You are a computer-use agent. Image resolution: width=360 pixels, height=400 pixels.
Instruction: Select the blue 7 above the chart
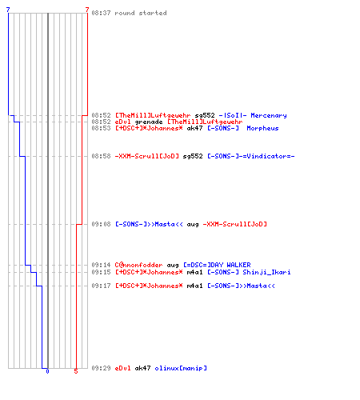(8, 10)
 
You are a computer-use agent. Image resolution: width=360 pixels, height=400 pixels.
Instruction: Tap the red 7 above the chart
(87, 10)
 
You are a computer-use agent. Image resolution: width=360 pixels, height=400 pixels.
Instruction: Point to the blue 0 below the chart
(47, 371)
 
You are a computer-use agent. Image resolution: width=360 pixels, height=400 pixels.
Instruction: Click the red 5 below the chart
(76, 371)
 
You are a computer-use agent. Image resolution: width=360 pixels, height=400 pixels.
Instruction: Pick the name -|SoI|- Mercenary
(253, 115)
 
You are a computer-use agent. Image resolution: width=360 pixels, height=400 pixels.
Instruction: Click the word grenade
(149, 122)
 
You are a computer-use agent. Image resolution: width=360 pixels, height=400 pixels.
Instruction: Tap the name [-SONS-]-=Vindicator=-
(251, 156)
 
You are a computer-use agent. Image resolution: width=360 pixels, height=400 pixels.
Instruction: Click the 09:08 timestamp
(101, 224)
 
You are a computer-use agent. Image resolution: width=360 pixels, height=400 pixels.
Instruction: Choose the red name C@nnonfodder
(138, 265)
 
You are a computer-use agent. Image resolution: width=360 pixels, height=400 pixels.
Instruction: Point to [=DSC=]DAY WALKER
(217, 265)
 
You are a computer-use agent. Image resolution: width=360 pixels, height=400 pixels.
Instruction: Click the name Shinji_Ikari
(266, 272)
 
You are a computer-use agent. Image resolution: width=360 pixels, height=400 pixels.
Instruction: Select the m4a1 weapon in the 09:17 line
(194, 286)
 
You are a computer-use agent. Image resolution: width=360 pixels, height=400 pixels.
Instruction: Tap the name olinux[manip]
(181, 368)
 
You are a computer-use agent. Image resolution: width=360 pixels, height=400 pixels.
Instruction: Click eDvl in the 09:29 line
(122, 368)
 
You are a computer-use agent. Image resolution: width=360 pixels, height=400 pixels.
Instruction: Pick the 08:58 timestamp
(101, 156)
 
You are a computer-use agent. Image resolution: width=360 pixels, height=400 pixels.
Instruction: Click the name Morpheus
(262, 128)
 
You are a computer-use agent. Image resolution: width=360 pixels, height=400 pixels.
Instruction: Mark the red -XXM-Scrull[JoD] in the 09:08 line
(234, 224)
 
